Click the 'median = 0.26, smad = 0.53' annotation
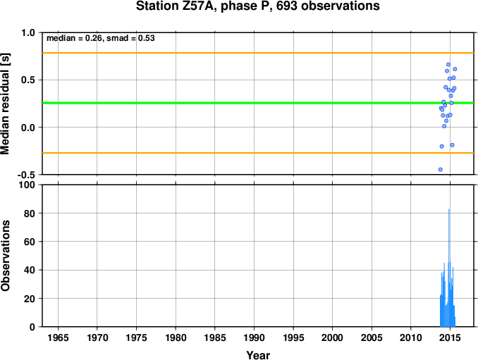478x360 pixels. pos(101,38)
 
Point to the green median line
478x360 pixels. pos(258,103)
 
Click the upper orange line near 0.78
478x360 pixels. pos(258,53)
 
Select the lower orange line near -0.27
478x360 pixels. pos(258,153)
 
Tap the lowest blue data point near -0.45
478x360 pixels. pos(440,169)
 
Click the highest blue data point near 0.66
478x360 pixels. pos(448,65)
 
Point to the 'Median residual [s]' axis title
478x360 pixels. pos(5,104)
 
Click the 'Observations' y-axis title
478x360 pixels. pos(5,256)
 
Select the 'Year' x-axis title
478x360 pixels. pos(258,355)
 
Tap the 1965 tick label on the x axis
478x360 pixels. pos(58,337)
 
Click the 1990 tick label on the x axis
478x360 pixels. pos(254,337)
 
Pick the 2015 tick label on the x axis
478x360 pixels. pos(450,337)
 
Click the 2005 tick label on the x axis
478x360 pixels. pos(372,337)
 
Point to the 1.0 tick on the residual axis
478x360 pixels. pos(28,32)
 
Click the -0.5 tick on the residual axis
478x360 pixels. pos(26,175)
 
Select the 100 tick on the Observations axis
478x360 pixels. pos(27,185)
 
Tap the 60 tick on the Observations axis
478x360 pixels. pos(30,242)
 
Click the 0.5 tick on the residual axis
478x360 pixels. pos(28,80)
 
